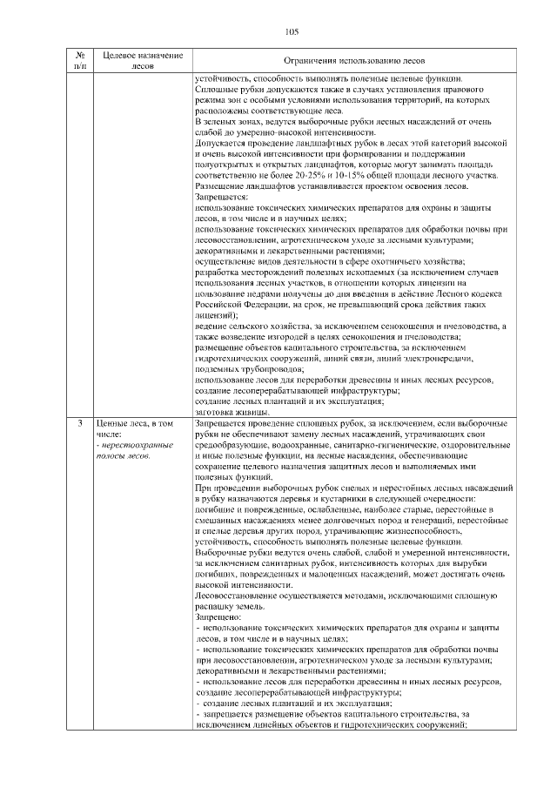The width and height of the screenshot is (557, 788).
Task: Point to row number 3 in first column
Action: (x=80, y=423)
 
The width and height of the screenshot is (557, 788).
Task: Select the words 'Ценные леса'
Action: (x=117, y=423)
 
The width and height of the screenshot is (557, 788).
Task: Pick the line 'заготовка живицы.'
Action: (x=229, y=412)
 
